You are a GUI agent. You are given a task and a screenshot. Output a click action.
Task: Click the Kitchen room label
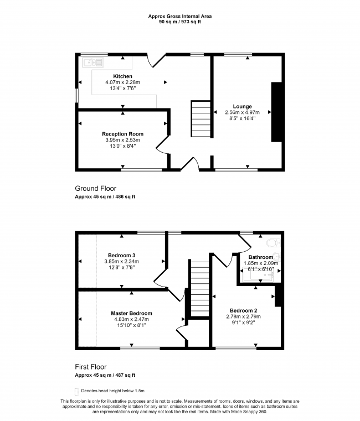(x=122, y=76)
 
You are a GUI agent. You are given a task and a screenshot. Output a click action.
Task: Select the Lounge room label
(x=243, y=106)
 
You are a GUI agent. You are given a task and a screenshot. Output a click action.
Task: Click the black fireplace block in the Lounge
(x=275, y=112)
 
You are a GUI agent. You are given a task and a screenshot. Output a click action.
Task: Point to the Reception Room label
(x=122, y=134)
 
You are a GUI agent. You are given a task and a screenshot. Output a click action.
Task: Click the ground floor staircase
(x=201, y=118)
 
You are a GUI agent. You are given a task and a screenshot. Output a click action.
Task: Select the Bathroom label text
(x=260, y=257)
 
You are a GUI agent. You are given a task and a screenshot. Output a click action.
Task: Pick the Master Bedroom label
(x=131, y=313)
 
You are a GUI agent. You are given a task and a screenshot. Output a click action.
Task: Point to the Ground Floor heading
(x=95, y=189)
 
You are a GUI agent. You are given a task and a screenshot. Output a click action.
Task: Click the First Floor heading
(x=91, y=367)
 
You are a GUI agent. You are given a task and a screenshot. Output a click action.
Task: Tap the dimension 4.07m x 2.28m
(x=122, y=82)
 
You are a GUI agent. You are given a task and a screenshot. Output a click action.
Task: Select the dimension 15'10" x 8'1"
(x=131, y=325)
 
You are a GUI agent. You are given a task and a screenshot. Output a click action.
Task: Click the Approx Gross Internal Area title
(x=179, y=16)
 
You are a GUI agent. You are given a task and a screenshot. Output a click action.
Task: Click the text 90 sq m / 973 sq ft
(x=179, y=22)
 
